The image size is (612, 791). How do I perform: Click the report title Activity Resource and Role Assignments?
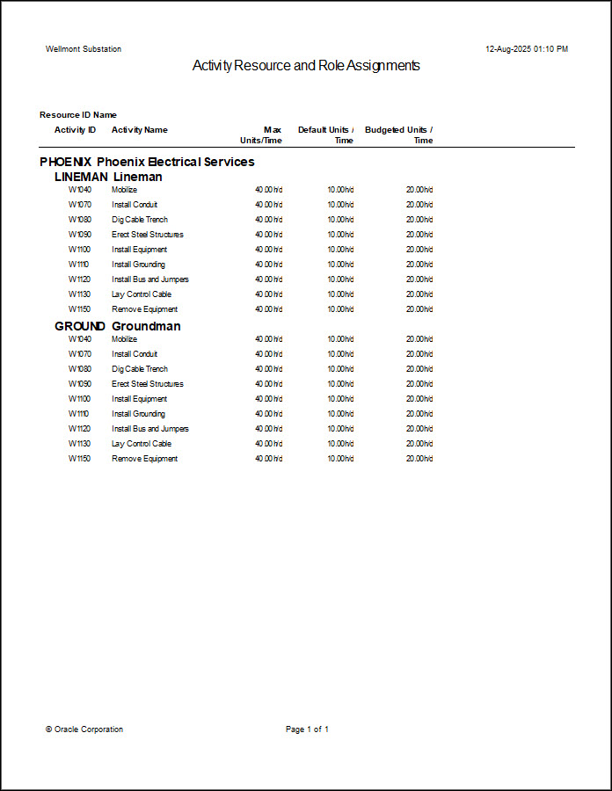pyautogui.click(x=306, y=66)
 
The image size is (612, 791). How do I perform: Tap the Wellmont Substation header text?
pyautogui.click(x=84, y=49)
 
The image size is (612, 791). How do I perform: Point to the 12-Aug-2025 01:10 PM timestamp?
pyautogui.click(x=527, y=49)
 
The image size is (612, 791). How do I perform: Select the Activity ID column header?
pyautogui.click(x=76, y=130)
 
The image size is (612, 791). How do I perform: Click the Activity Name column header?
pyautogui.click(x=139, y=130)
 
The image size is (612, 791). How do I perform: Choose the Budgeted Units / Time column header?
pyautogui.click(x=399, y=134)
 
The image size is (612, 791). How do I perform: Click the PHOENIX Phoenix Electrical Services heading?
pyautogui.click(x=147, y=162)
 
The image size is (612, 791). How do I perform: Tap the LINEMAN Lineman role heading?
pyautogui.click(x=108, y=177)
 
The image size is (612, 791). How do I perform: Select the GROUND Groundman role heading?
pyautogui.click(x=117, y=326)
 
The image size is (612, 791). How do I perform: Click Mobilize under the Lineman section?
pyautogui.click(x=124, y=190)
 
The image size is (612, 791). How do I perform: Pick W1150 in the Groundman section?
pyautogui.click(x=79, y=459)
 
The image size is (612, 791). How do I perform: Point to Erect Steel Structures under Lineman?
pyautogui.click(x=147, y=235)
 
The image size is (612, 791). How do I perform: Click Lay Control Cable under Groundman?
pyautogui.click(x=141, y=444)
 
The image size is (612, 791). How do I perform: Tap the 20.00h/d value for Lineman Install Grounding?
pyautogui.click(x=419, y=265)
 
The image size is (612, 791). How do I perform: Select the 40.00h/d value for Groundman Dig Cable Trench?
pyautogui.click(x=268, y=369)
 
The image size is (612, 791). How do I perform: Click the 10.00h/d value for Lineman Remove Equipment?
pyautogui.click(x=340, y=309)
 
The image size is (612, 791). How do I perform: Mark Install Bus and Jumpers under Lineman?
pyautogui.click(x=149, y=279)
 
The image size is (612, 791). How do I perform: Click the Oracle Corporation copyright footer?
pyautogui.click(x=84, y=729)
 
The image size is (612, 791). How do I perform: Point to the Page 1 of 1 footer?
pyautogui.click(x=307, y=729)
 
